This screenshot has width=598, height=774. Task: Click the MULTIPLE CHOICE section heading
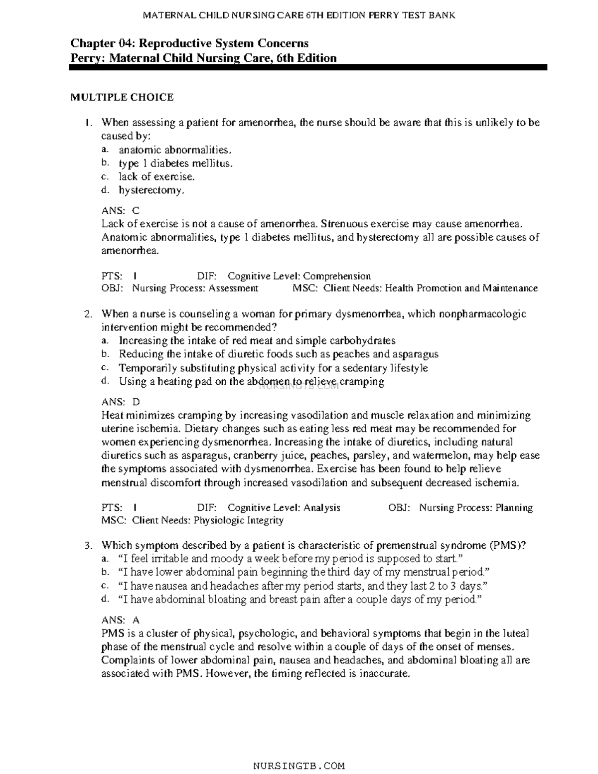point(122,97)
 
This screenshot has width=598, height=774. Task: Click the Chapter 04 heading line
point(189,43)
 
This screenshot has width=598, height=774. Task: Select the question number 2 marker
point(88,314)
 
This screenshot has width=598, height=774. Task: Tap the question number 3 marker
point(88,545)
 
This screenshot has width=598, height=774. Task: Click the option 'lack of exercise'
point(156,176)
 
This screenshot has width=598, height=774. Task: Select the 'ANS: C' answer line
point(121,211)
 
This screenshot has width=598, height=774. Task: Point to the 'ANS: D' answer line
point(121,402)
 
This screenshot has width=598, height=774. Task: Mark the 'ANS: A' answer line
point(121,620)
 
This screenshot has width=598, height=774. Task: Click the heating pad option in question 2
point(251,382)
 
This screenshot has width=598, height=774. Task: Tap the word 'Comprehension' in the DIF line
point(337,276)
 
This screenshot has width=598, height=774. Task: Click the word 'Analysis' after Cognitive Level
point(322,507)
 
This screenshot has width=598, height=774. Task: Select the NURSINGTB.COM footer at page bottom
point(299,766)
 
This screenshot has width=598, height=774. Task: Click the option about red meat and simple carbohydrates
point(257,341)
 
